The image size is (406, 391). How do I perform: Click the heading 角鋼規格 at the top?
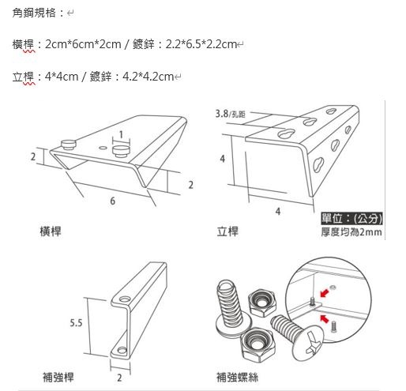tap(34, 13)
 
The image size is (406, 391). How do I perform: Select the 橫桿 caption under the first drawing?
tap(51, 231)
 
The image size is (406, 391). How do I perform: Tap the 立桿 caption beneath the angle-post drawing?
tap(227, 231)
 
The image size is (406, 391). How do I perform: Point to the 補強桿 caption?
tap(58, 377)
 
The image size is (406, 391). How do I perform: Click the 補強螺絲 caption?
tap(237, 377)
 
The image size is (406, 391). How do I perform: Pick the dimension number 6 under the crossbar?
tap(112, 201)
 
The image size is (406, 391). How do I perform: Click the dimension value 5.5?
tap(76, 323)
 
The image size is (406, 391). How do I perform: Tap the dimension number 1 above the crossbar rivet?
tap(121, 134)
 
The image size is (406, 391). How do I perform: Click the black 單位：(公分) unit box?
tap(351, 219)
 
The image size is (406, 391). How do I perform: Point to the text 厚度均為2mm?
tap(351, 232)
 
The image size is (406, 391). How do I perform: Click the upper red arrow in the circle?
tap(325, 293)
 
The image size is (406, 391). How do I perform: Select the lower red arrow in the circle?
tap(325, 318)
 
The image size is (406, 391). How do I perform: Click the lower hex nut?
tap(258, 344)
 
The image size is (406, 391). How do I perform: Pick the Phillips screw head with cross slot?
tap(308, 344)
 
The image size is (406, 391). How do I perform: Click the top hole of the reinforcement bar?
tap(125, 299)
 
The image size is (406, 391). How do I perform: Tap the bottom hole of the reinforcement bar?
tap(122, 350)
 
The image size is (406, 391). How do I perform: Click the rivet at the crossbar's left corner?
tap(69, 145)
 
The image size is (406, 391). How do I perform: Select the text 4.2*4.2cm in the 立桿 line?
tap(148, 77)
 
